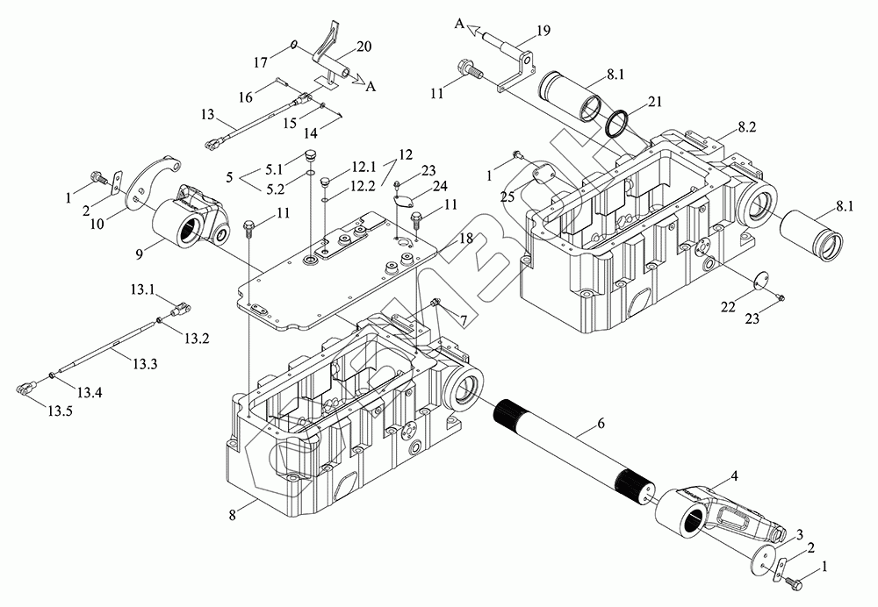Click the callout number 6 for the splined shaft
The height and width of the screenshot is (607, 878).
coord(601,424)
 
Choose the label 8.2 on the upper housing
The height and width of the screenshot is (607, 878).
coord(747,127)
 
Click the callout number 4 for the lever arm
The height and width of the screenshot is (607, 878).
coord(734,475)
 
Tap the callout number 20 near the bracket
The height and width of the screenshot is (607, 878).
coord(364,46)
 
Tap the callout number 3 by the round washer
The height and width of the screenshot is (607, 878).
coord(800,534)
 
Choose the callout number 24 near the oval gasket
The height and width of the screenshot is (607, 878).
coord(439,187)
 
